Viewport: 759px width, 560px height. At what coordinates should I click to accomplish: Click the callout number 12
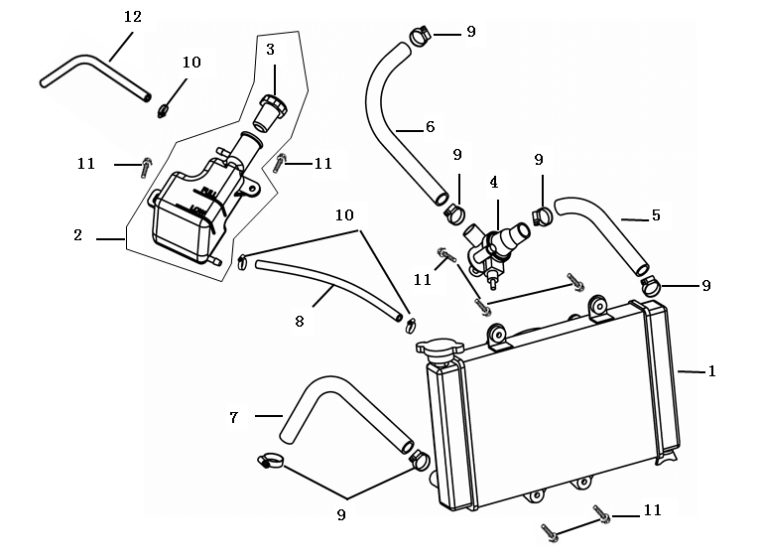[133, 17]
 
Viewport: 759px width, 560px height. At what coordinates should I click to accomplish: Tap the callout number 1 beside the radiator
[711, 371]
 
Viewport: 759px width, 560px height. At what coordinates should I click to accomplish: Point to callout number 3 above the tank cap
[270, 48]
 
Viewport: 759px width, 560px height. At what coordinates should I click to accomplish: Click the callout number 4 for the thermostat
[493, 183]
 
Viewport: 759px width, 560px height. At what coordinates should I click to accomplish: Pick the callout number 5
[656, 214]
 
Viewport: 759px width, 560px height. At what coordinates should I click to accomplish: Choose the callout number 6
[430, 126]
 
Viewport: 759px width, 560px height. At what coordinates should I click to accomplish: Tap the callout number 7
[234, 418]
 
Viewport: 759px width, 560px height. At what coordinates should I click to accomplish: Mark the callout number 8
[299, 321]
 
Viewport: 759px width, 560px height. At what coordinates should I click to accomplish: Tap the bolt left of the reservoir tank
[146, 166]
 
